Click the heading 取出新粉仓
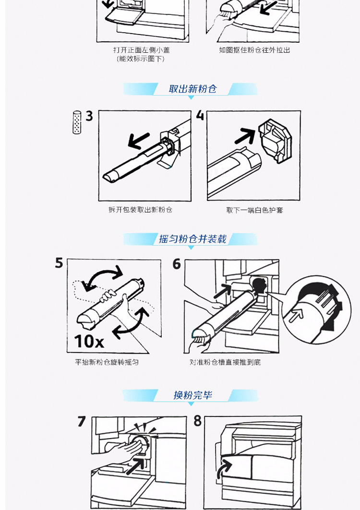point(192,89)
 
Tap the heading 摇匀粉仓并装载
point(192,239)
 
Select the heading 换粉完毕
point(192,395)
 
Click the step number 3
point(89,116)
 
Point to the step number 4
point(200,116)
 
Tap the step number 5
point(59,263)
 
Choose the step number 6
point(177,264)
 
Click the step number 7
point(82,421)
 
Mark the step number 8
point(198,421)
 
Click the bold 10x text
point(89,341)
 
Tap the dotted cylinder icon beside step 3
point(77,122)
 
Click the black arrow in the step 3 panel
point(139,141)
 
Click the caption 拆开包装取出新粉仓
point(140,210)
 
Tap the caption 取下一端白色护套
point(254,210)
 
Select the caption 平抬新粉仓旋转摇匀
point(107,362)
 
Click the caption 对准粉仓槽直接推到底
point(225,362)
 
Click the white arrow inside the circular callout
point(297,314)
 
